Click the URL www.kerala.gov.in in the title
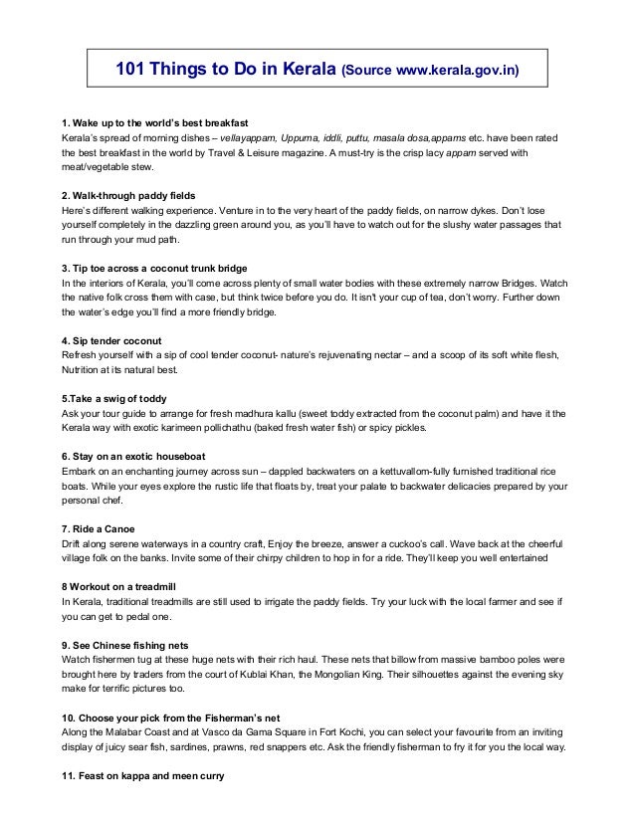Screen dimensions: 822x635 [x=457, y=72]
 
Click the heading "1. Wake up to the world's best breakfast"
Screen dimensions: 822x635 [x=154, y=122]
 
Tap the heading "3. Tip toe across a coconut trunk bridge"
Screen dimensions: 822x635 [x=154, y=269]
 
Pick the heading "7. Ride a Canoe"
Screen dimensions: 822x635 [x=98, y=528]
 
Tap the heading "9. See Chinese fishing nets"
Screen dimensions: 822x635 [x=124, y=645]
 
